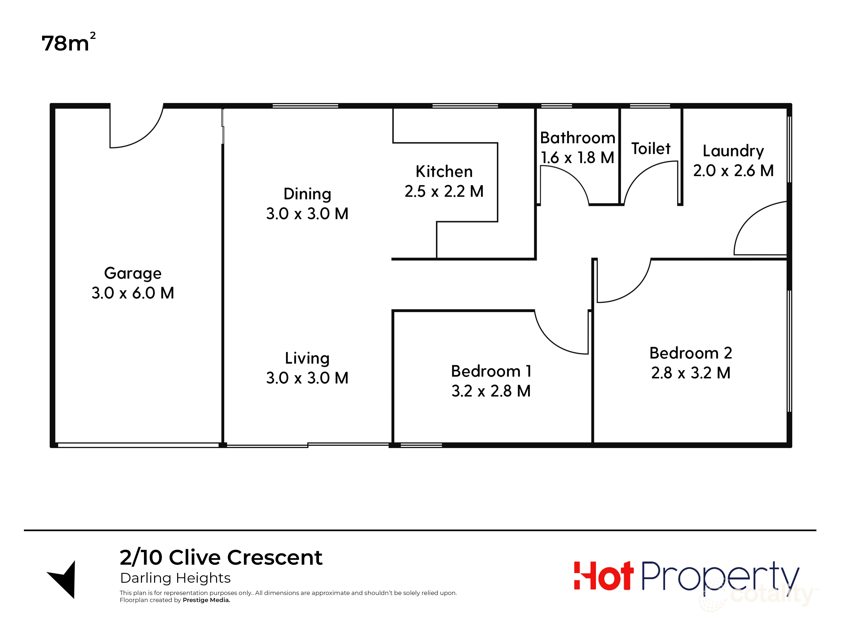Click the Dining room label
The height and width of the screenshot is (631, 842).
point(307,194)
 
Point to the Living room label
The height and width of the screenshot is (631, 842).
point(307,358)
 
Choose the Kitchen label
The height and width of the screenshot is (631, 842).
point(444,172)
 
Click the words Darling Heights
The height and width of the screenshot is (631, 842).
point(175,578)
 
